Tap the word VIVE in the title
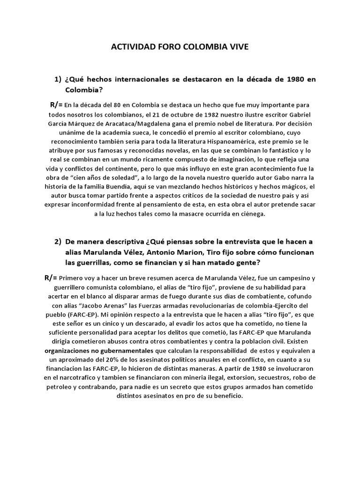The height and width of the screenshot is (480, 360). click(237, 47)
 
